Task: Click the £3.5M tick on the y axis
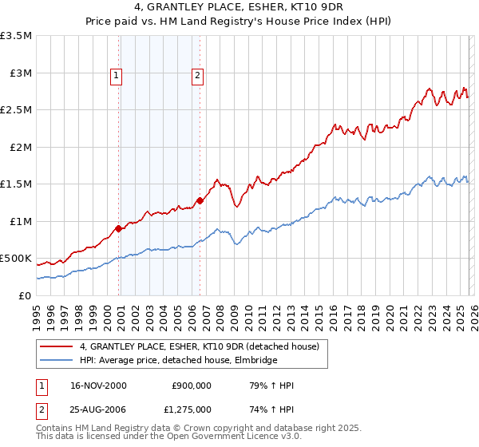[x=18, y=36]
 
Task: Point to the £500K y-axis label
[x=16, y=259]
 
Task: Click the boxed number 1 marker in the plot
[x=117, y=77]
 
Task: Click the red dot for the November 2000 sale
[x=119, y=228]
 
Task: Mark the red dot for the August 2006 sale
[x=200, y=201]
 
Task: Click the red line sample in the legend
[x=57, y=346]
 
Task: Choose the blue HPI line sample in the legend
[x=57, y=360]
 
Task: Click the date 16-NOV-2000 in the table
[x=99, y=386]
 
